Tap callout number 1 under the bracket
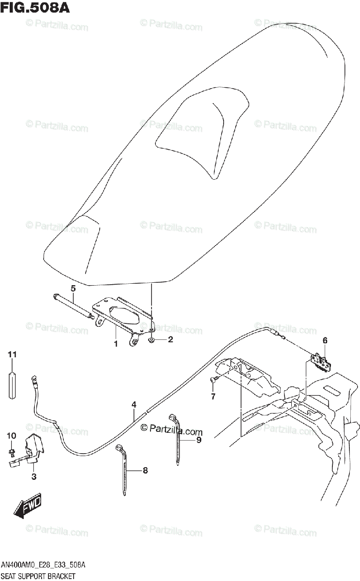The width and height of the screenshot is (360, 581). pyautogui.click(x=116, y=344)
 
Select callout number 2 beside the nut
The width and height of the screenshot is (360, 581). pyautogui.click(x=170, y=340)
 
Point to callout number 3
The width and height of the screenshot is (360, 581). pyautogui.click(x=33, y=477)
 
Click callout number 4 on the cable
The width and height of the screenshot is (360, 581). pyautogui.click(x=134, y=404)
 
